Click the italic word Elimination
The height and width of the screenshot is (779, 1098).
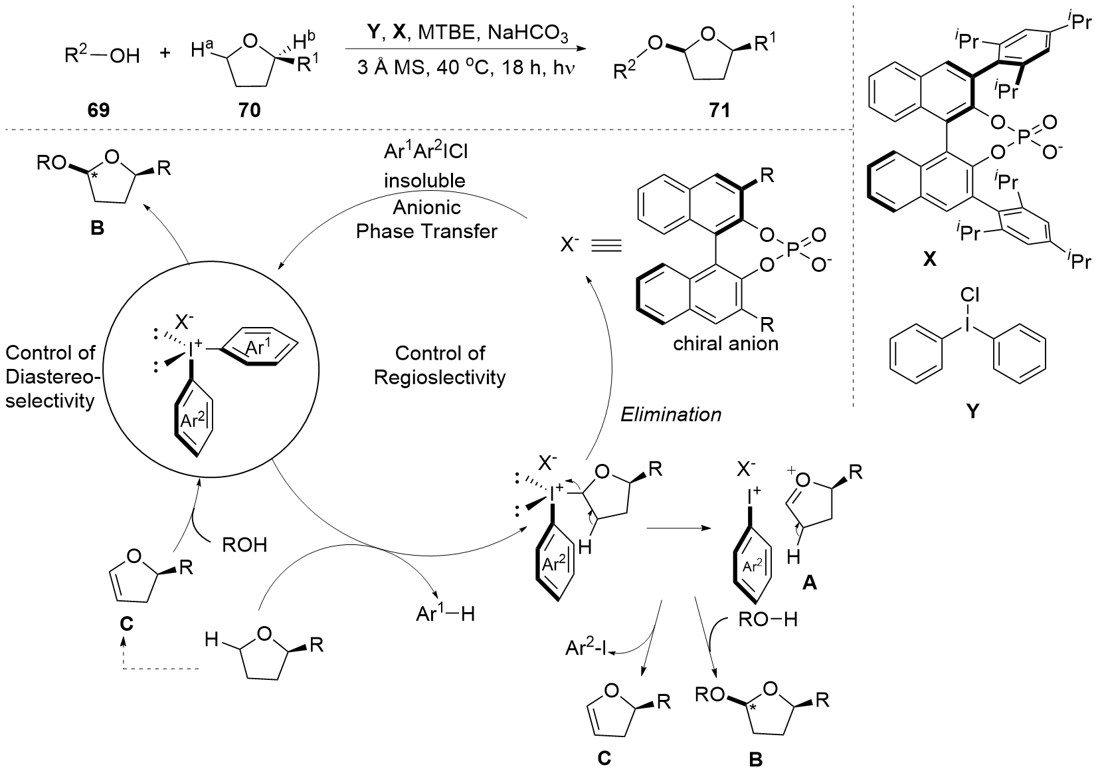(x=670, y=415)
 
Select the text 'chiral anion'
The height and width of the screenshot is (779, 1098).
(x=725, y=345)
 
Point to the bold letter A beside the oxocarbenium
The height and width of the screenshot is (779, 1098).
(x=810, y=583)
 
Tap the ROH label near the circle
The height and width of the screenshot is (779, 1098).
(x=243, y=545)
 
